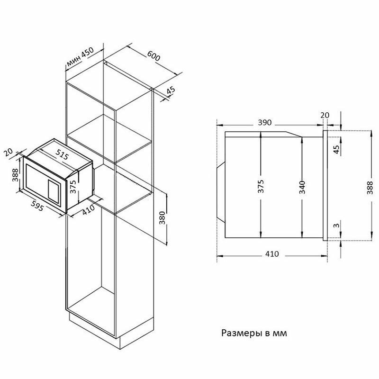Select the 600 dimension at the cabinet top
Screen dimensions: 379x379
click(x=153, y=55)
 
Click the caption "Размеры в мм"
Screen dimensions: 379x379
click(x=254, y=333)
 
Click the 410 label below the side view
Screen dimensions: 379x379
click(x=271, y=253)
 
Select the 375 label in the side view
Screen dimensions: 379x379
click(x=261, y=187)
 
